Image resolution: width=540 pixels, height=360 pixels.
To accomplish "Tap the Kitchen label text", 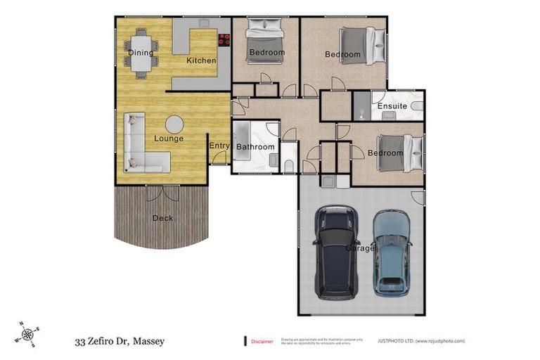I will [201, 60].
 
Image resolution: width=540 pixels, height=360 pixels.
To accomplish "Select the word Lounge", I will [169, 139].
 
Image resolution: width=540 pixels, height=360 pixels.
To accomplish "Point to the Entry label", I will [219, 146].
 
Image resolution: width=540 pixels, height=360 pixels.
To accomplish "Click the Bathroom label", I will [255, 147].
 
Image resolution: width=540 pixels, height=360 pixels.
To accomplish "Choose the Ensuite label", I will [392, 106].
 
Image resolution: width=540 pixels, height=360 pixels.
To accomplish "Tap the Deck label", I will [162, 218].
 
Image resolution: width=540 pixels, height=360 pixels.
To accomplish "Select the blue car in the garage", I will [392, 252].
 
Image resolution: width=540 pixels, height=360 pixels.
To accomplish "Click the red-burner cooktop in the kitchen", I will [225, 40].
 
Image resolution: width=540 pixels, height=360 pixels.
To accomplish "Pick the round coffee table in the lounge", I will [174, 124].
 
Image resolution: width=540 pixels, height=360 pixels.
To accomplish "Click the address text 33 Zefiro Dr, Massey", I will [120, 342].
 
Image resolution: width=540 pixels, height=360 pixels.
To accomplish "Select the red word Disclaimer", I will [262, 341].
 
